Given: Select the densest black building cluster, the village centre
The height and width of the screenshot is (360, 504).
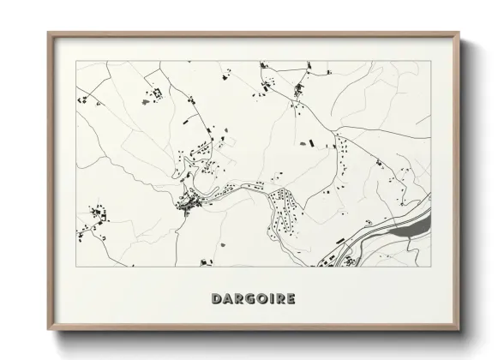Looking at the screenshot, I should (x=189, y=202).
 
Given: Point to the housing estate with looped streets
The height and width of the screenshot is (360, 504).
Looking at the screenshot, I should (x=283, y=210).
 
